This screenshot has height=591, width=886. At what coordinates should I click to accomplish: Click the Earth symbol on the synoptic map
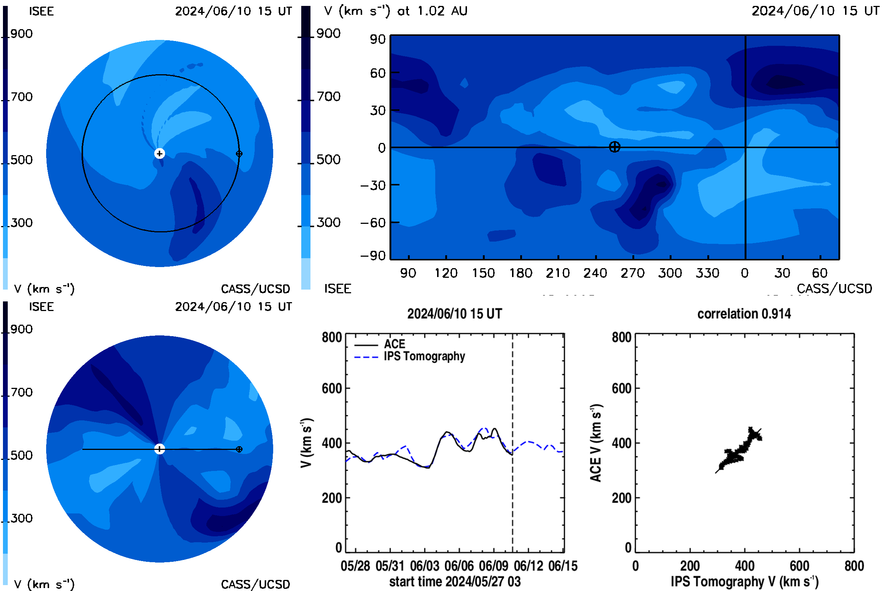point(614,147)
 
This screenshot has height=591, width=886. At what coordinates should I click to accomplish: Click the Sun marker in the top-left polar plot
point(159,153)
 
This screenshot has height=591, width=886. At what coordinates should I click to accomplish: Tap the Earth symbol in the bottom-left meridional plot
point(239,449)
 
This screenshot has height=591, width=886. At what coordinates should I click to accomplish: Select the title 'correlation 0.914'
point(744,314)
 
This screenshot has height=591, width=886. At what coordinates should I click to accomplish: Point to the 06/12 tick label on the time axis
point(529,566)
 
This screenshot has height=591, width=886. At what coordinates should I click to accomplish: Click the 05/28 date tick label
point(355,566)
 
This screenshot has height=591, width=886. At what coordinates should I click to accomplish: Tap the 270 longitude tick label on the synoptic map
point(632,273)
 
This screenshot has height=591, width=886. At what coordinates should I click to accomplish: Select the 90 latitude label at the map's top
point(378,39)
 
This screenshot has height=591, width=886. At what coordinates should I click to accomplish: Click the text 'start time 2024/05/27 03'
point(455,581)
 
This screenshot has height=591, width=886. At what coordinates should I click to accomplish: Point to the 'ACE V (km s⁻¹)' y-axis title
point(596,443)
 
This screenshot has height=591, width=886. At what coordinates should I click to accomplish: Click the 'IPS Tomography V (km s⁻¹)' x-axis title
point(744,581)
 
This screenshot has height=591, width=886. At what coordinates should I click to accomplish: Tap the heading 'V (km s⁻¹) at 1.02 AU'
point(395,11)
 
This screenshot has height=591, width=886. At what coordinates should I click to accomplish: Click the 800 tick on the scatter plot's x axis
point(854,566)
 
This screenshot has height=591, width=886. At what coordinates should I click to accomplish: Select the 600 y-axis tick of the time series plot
point(332,388)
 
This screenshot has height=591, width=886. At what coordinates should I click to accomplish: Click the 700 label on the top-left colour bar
point(21,97)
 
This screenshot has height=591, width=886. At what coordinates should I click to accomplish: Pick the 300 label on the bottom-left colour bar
point(21,518)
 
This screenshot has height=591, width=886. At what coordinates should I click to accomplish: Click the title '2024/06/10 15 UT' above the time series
point(455,314)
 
